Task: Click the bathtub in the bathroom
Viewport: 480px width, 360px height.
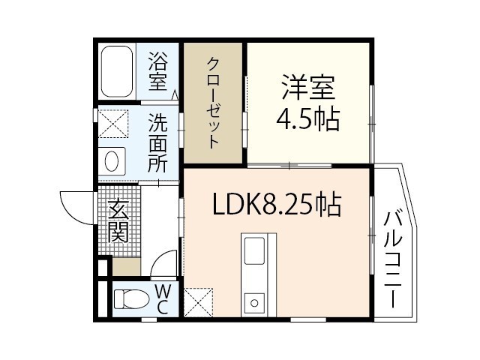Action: pos(117,71)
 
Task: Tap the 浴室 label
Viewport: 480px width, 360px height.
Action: pos(158,72)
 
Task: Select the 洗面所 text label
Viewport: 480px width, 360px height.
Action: pos(158,142)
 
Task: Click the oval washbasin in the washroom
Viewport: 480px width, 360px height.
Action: pos(112,161)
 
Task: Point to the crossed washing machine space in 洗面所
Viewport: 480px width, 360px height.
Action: pos(113,123)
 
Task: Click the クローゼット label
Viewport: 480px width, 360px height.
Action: pos(213,103)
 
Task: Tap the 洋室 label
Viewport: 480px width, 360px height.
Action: pos(308,87)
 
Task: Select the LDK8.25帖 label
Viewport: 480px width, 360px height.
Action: pos(277,204)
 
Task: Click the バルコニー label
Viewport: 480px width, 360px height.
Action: pos(392,259)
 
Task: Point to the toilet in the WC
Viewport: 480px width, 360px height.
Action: pos(130,298)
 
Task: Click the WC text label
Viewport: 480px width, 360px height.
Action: pos(162,299)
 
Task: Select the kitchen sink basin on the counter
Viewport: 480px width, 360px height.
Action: pos(254,251)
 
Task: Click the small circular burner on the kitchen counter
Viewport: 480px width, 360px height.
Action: pos(254,303)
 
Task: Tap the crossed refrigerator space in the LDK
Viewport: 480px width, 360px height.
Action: pos(198,302)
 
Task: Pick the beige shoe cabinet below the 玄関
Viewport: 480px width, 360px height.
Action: pos(126,266)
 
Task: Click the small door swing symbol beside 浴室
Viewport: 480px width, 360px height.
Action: pos(175,95)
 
